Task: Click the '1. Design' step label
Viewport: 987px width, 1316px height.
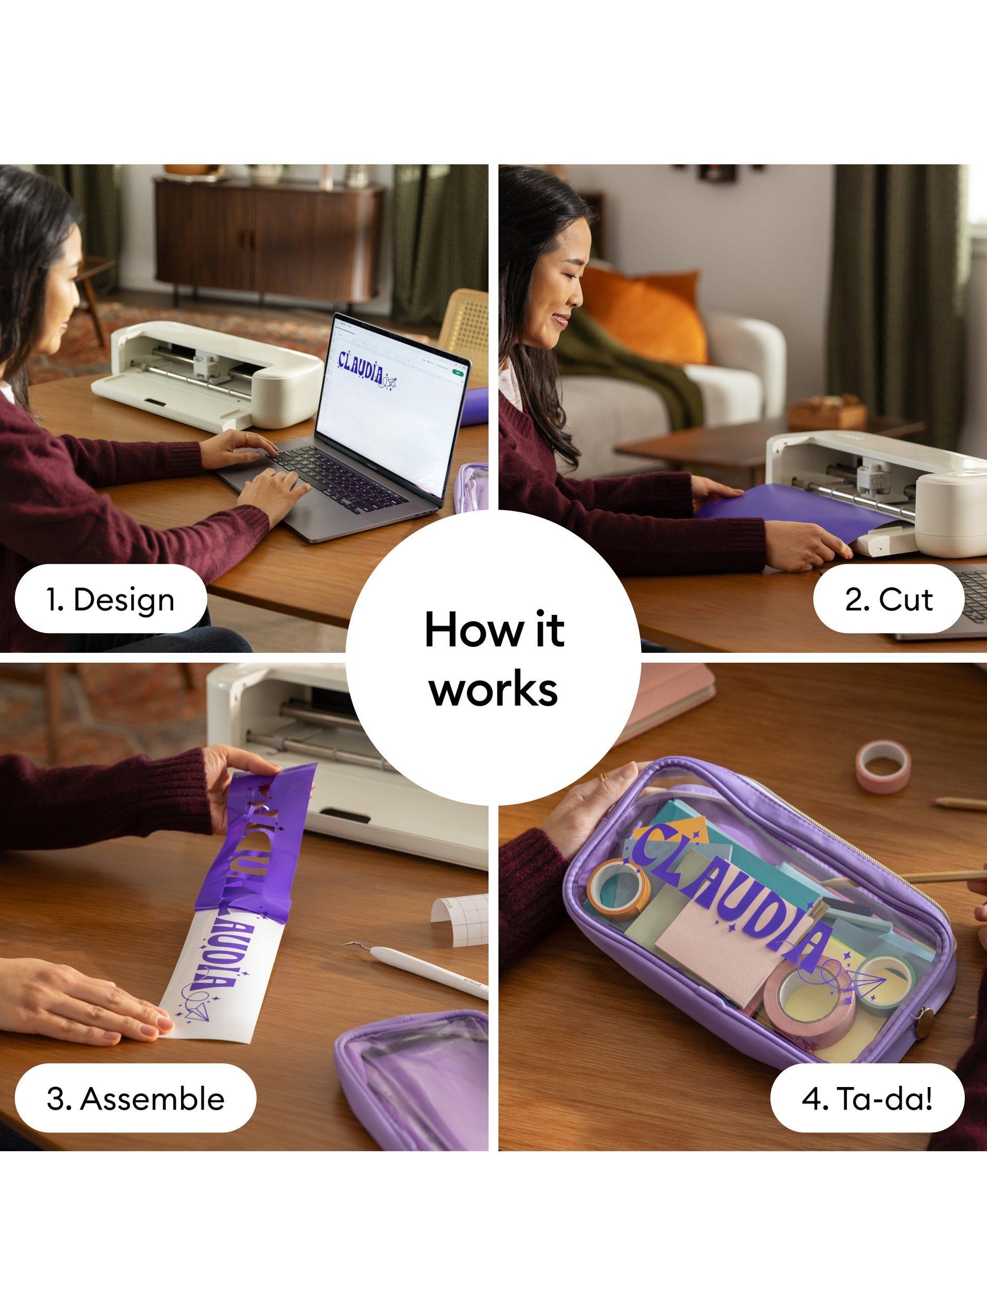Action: coord(110,599)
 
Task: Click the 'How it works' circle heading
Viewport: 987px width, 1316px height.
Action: coord(494,659)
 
